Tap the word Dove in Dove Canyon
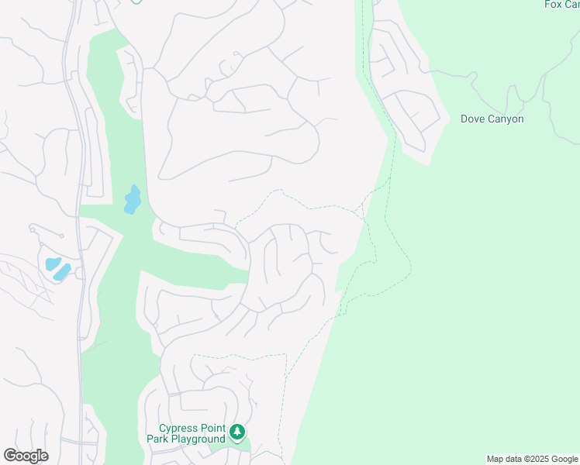[473, 119]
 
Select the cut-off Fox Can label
[562, 5]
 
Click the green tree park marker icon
[237, 432]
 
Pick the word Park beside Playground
[158, 439]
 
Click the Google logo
[26, 456]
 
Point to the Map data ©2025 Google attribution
[532, 459]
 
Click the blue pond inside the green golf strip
[132, 200]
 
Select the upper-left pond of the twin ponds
[52, 263]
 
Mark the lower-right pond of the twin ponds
[62, 272]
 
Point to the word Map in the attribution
[495, 459]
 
